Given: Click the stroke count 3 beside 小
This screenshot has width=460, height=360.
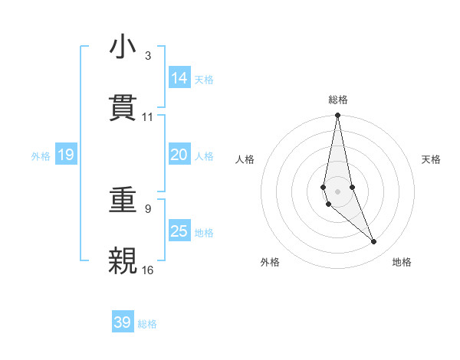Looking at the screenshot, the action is point(147,56).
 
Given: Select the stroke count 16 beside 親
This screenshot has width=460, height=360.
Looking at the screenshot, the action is point(147,270).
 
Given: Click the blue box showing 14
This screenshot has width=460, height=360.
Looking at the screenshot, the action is point(179,78).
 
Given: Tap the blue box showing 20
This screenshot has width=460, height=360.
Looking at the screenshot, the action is point(179,155).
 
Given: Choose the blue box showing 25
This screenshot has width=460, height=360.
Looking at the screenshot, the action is point(179,231).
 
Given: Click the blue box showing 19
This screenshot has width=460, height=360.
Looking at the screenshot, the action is point(66,155).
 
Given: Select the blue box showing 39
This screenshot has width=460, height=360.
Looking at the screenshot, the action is point(123,322).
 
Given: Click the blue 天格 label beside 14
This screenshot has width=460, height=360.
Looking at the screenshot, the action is point(204,79).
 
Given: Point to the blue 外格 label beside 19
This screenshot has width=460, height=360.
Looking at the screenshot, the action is point(41,156).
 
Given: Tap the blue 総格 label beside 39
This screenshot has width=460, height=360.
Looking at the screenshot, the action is point(147,323).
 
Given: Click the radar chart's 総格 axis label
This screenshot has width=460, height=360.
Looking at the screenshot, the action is point(338,100).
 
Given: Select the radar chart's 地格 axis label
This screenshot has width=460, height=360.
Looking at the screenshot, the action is point(402,262).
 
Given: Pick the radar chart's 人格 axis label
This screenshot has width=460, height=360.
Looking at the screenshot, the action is point(245,159).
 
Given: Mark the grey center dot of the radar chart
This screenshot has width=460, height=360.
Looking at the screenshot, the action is point(338,191).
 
